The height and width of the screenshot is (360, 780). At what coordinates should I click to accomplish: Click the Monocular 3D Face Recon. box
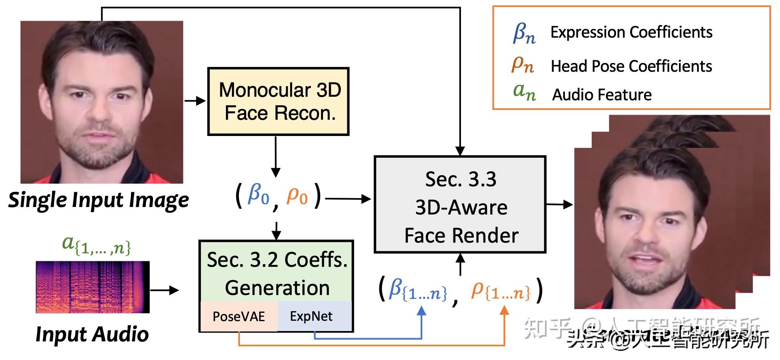pyautogui.click(x=278, y=101)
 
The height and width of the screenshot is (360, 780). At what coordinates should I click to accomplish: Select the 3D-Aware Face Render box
pyautogui.click(x=460, y=205)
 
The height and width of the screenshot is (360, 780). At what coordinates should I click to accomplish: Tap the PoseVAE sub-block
pyautogui.click(x=239, y=316)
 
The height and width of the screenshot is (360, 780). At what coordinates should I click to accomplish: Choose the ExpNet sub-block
pyautogui.click(x=312, y=316)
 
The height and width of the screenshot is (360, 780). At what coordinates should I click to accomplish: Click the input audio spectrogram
pyautogui.click(x=93, y=287)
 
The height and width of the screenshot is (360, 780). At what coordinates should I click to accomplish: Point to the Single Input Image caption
pyautogui.click(x=99, y=200)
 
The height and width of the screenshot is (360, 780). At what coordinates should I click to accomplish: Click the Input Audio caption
pyautogui.click(x=92, y=334)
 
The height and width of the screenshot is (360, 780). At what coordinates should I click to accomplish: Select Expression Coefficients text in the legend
pyautogui.click(x=631, y=33)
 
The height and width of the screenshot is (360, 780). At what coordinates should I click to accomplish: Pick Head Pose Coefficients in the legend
pyautogui.click(x=631, y=66)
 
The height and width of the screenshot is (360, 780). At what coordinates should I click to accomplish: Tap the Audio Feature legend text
pyautogui.click(x=602, y=95)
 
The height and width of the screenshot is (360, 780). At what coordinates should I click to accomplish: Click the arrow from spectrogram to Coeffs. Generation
pyautogui.click(x=164, y=290)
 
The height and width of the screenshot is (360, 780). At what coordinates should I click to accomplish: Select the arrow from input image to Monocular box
pyautogui.click(x=195, y=101)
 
